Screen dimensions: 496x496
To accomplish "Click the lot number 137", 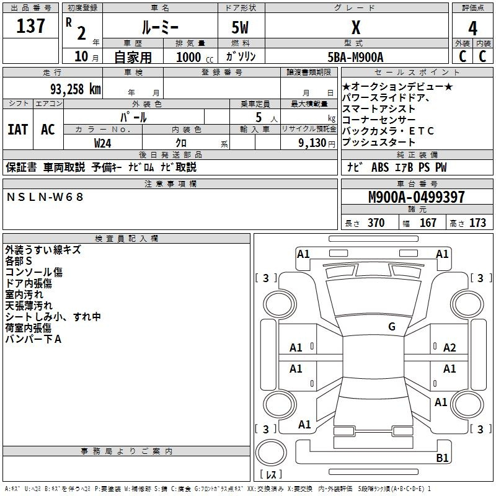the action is pyautogui.click(x=30, y=26).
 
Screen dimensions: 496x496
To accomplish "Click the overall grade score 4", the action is pyautogui.click(x=472, y=29).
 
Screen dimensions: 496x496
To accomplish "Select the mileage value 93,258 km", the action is pyautogui.click(x=76, y=89).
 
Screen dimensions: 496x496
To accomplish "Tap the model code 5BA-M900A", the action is pyautogui.click(x=355, y=57).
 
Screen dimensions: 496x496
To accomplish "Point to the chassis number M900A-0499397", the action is pyautogui.click(x=417, y=197).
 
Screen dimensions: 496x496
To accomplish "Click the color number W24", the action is pyautogui.click(x=102, y=143).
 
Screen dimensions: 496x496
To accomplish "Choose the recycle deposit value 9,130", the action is pyautogui.click(x=312, y=143).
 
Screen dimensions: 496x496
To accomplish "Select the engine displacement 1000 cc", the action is pyautogui.click(x=195, y=57).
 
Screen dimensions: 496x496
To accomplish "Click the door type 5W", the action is pyautogui.click(x=240, y=27).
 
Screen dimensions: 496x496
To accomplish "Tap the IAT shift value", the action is pyautogui.click(x=18, y=130).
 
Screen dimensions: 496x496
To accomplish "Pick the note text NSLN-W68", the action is pyautogui.click(x=45, y=197).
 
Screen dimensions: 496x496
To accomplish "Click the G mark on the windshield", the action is pyautogui.click(x=392, y=326).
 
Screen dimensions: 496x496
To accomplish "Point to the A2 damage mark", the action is pyautogui.click(x=449, y=348).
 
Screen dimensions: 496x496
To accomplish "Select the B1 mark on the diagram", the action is pyautogui.click(x=442, y=458).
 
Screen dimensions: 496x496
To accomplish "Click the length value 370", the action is pyautogui.click(x=376, y=223).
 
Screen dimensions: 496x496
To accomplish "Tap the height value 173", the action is pyautogui.click(x=477, y=223).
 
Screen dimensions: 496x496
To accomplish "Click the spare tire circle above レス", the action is pyautogui.click(x=271, y=453).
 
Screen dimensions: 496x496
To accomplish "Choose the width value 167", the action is pyautogui.click(x=428, y=223).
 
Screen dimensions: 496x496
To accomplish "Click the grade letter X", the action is pyautogui.click(x=356, y=27).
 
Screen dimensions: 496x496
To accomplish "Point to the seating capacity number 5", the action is pyautogui.click(x=259, y=117).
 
